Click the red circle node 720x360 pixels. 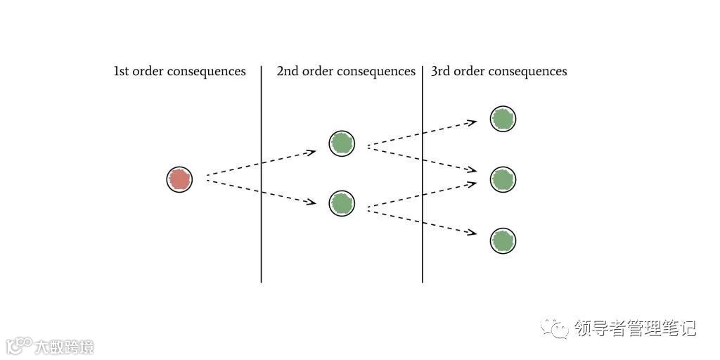[x=179, y=179]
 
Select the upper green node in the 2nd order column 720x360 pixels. [x=342, y=143]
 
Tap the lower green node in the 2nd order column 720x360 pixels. [x=342, y=203]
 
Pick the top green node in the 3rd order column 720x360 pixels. [x=503, y=119]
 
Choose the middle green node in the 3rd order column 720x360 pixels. [x=503, y=179]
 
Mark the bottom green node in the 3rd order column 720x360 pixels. [x=503, y=240]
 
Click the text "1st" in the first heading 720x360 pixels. [x=122, y=72]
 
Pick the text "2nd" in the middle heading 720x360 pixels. [x=288, y=72]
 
